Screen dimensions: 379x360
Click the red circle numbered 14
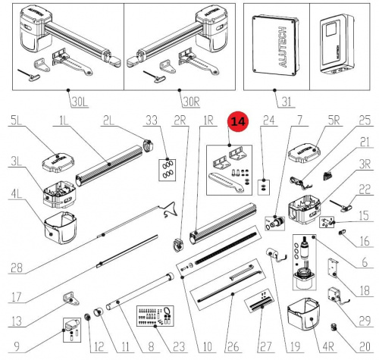[238, 121]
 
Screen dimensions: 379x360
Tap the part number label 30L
[80, 102]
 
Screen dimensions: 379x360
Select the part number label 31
[287, 102]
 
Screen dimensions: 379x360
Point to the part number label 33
[152, 120]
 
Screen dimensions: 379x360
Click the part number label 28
[17, 268]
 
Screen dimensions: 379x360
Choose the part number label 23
[179, 346]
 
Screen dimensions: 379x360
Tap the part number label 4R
[328, 346]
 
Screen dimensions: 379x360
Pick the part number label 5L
[16, 121]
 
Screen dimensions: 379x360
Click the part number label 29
[365, 321]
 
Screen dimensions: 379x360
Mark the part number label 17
[16, 296]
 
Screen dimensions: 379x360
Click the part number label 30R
[191, 102]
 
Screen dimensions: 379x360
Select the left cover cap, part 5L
[58, 163]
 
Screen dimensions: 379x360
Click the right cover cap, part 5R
[305, 153]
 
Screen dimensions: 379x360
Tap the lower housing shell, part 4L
[60, 228]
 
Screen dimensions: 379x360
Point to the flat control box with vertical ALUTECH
[276, 45]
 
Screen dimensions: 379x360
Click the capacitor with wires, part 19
[273, 253]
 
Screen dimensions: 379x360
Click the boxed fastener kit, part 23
[155, 316]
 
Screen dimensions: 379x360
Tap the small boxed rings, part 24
[264, 187]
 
